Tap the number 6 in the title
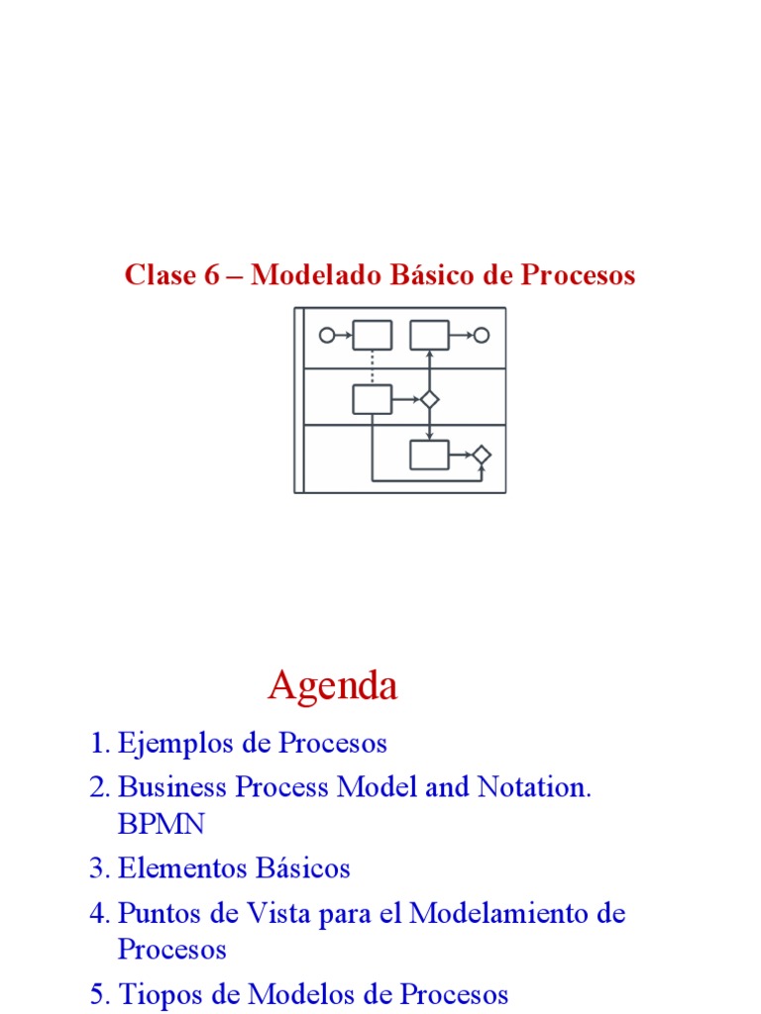pos(211,275)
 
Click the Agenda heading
pos(333,685)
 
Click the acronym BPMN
pos(161,824)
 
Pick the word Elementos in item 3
pos(170,868)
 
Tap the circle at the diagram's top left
pos(327,336)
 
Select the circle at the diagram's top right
pos(482,336)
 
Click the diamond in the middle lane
pos(429,400)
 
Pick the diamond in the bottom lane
pos(482,456)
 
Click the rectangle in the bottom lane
pos(429,456)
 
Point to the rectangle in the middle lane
pos(372,400)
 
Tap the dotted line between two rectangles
pos(372,367)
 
